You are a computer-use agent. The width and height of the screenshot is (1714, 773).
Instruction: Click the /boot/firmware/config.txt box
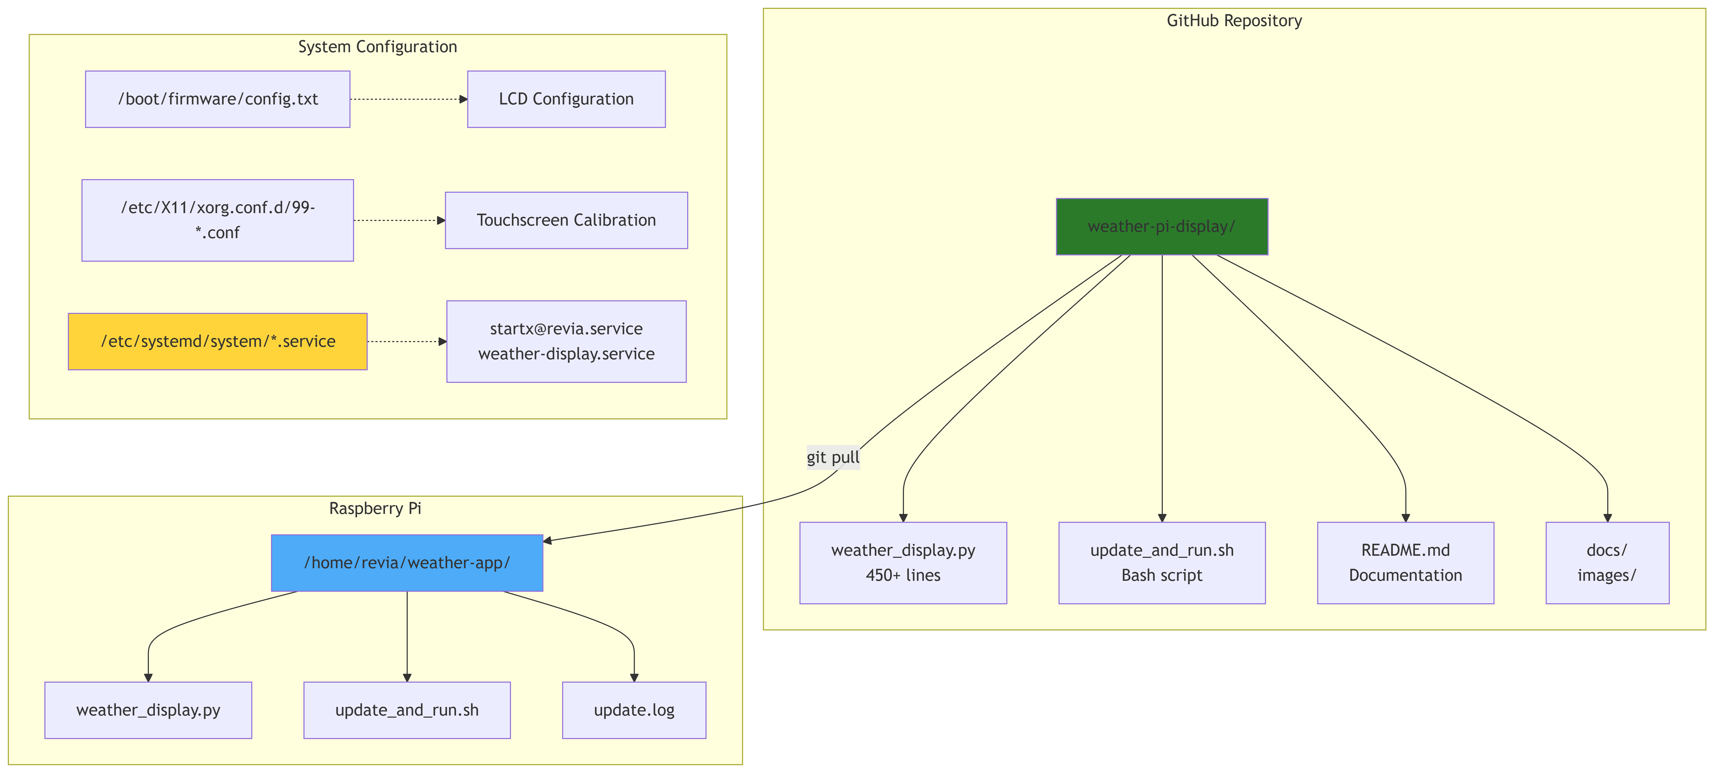217,99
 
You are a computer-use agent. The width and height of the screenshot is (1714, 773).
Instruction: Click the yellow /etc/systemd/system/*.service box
217,342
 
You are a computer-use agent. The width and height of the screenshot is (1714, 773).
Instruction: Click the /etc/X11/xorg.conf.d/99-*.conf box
217,220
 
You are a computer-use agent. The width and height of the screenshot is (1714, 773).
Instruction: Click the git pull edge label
832,458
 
